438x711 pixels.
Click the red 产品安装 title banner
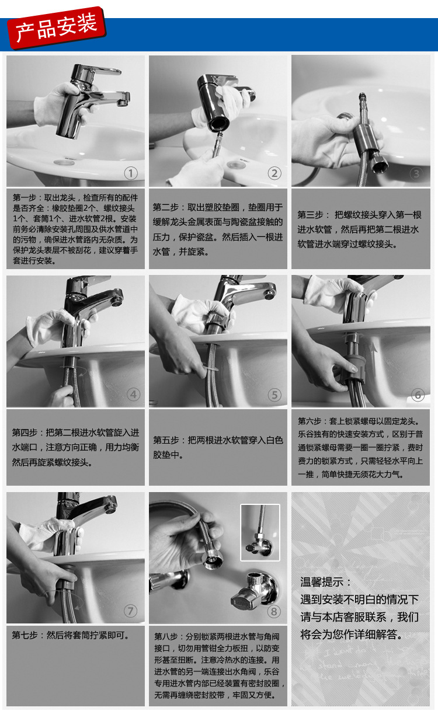57,28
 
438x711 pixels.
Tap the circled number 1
131,173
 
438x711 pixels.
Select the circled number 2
274,173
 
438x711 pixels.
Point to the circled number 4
133,395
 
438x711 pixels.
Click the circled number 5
274,395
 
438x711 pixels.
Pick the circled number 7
131,611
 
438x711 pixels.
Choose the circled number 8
274,611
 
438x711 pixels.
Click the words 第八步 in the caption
166,636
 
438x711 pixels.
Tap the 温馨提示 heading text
322,582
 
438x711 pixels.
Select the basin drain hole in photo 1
64,162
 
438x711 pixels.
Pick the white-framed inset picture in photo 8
260,532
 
